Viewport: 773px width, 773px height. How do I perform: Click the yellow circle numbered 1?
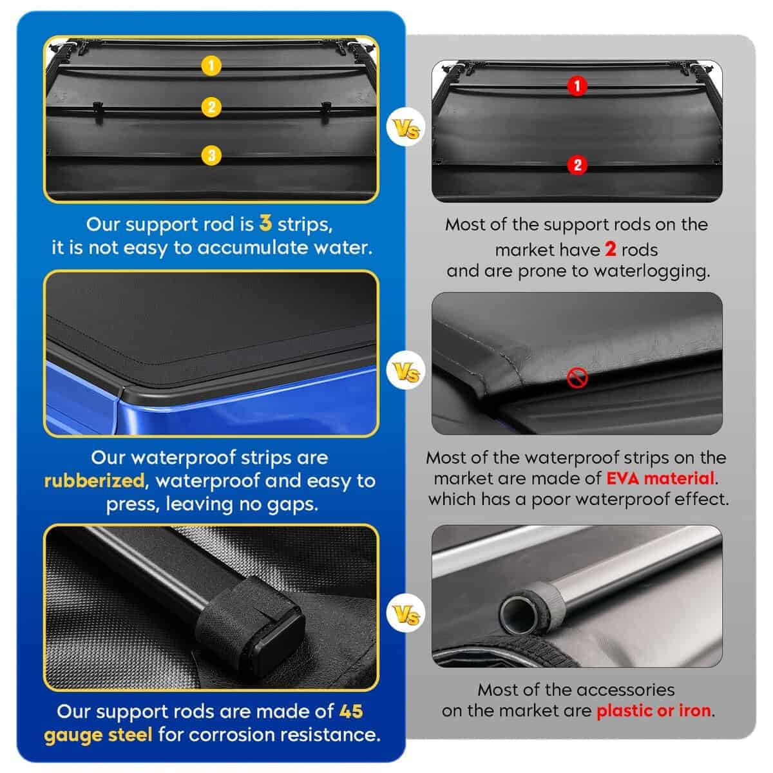(x=211, y=66)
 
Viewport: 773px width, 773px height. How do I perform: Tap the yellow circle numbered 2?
(x=211, y=107)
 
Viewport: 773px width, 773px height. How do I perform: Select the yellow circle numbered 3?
(x=211, y=155)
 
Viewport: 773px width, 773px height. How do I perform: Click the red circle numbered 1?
(x=577, y=86)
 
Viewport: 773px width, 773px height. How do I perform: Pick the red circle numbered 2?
(x=577, y=165)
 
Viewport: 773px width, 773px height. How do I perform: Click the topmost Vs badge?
(x=406, y=128)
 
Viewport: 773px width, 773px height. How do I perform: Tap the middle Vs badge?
(x=406, y=370)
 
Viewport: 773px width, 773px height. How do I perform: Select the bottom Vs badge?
(x=406, y=614)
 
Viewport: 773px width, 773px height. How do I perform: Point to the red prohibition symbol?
(x=577, y=377)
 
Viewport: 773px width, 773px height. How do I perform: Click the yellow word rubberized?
(x=94, y=481)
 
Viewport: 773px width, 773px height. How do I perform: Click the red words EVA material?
(x=660, y=479)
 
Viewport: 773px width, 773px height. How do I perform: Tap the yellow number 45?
(x=351, y=712)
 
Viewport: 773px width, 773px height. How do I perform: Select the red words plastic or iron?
(x=654, y=711)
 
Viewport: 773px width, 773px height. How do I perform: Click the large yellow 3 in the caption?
(x=265, y=223)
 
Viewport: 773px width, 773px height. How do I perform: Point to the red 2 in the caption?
(x=610, y=249)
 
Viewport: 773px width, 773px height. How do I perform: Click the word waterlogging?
(x=652, y=272)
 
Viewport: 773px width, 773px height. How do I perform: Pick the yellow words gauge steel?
(x=99, y=735)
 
